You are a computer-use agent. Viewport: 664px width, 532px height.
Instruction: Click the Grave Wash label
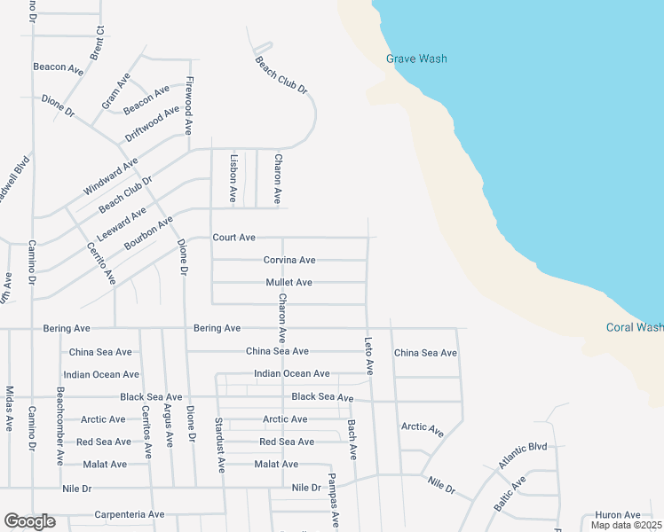click(x=416, y=59)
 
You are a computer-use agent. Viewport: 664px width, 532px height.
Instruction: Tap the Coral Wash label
click(x=634, y=327)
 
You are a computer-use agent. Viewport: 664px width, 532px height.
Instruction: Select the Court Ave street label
click(x=233, y=238)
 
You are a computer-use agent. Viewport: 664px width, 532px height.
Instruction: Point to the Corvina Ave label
click(x=289, y=261)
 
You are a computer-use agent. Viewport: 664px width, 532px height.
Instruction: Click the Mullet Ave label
click(x=289, y=283)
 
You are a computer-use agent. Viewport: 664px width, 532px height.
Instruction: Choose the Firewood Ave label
click(x=188, y=106)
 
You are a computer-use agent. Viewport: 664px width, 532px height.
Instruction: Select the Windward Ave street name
click(x=111, y=177)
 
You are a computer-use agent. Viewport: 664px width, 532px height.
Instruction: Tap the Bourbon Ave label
click(x=148, y=232)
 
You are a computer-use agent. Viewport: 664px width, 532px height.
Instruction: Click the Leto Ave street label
click(x=368, y=355)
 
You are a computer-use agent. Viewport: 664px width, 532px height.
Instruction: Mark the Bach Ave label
click(x=352, y=440)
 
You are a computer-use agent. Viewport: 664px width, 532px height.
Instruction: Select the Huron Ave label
click(x=618, y=515)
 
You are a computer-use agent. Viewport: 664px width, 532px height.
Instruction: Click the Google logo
click(x=29, y=521)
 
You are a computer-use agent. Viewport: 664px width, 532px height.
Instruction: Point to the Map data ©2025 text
click(x=626, y=526)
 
